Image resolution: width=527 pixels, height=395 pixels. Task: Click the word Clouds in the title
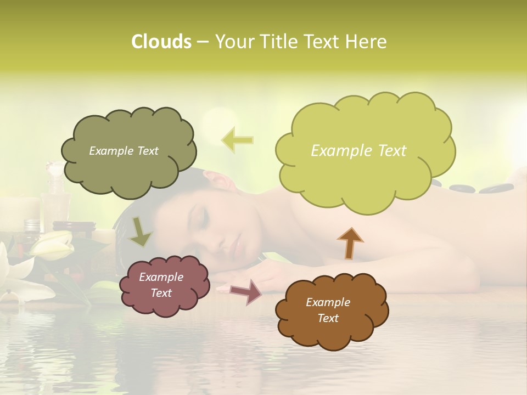pyautogui.click(x=161, y=42)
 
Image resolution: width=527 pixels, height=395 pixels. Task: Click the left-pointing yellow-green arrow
pyautogui.click(x=237, y=140)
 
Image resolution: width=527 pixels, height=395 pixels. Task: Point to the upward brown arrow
pyautogui.click(x=350, y=242)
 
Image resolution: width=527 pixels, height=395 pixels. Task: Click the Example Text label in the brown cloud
pyautogui.click(x=328, y=310)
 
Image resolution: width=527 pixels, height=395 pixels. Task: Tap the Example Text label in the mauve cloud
pyautogui.click(x=161, y=285)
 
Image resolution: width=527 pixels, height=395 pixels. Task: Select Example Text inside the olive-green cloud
pyautogui.click(x=124, y=151)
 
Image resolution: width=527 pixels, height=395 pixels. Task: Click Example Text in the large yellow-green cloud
pyautogui.click(x=358, y=151)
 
